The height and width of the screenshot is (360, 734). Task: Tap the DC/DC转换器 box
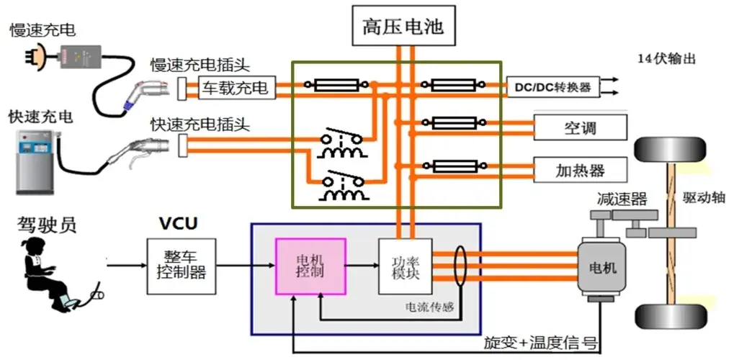click(x=552, y=87)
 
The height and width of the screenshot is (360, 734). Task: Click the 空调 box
click(x=580, y=129)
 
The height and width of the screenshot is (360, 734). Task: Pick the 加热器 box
click(x=580, y=171)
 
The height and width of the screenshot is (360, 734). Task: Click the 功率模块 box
click(x=405, y=266)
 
